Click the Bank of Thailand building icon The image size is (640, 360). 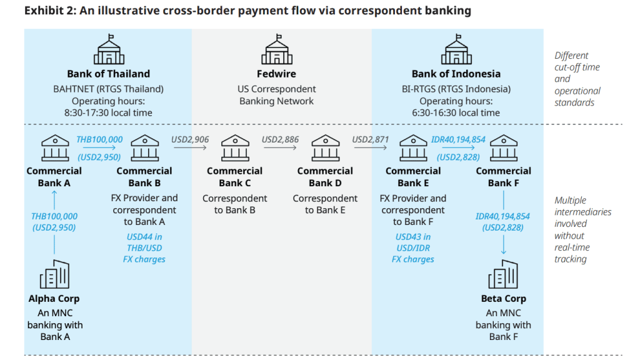pyautogui.click(x=109, y=49)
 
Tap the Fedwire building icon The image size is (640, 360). pyautogui.click(x=276, y=49)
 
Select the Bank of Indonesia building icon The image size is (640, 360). pyautogui.click(x=456, y=49)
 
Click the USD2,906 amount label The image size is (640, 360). pyautogui.click(x=191, y=140)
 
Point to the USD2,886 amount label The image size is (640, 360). pyautogui.click(x=281, y=140)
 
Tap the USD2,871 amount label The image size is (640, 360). pyautogui.click(x=371, y=140)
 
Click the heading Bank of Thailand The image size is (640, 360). pyautogui.click(x=109, y=74)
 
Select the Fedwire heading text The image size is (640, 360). pyautogui.click(x=276, y=74)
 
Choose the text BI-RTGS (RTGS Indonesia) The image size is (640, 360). pyautogui.click(x=456, y=89)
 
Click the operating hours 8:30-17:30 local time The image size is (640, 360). pyautogui.click(x=109, y=112)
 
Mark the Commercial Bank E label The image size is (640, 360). pyautogui.click(x=413, y=177)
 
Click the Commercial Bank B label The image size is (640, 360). pyautogui.click(x=144, y=177)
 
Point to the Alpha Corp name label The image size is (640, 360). pyautogui.click(x=54, y=299)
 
